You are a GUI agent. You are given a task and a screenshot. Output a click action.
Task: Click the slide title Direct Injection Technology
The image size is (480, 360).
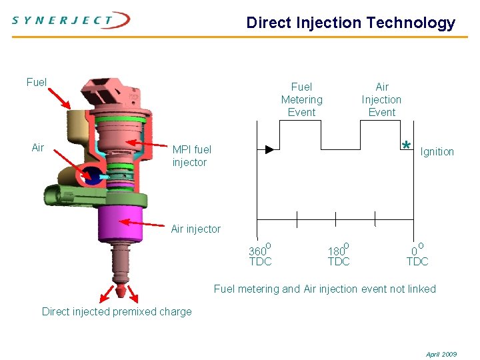[x=351, y=23]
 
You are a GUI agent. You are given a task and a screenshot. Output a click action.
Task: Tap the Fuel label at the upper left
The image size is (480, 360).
[x=37, y=83]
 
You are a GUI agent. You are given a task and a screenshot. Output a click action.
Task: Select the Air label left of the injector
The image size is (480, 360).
[x=38, y=148]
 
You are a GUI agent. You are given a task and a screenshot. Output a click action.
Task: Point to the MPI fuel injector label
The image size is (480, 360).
[x=192, y=156]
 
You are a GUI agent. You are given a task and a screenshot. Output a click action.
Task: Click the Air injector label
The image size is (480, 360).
[x=195, y=229]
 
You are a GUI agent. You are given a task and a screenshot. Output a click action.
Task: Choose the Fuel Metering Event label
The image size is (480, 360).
[x=301, y=99]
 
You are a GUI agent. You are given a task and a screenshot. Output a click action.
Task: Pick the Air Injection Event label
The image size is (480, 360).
[x=381, y=99]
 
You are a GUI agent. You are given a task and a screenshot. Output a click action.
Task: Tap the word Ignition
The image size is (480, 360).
[x=437, y=152]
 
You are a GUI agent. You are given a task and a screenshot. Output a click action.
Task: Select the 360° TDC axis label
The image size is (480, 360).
[x=260, y=255]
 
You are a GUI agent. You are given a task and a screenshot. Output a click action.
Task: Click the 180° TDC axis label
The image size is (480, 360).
[x=339, y=255]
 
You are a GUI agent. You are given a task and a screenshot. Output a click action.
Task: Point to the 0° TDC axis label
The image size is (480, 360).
[x=417, y=255]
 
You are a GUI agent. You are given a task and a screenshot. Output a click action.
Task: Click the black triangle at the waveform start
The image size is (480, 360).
[x=269, y=149]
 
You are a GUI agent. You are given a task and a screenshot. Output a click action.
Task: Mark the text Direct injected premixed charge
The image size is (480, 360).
[x=117, y=312]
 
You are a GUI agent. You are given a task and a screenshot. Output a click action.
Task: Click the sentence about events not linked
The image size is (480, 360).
[x=325, y=289]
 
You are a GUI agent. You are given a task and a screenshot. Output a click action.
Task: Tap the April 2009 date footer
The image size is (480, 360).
[x=441, y=354]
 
